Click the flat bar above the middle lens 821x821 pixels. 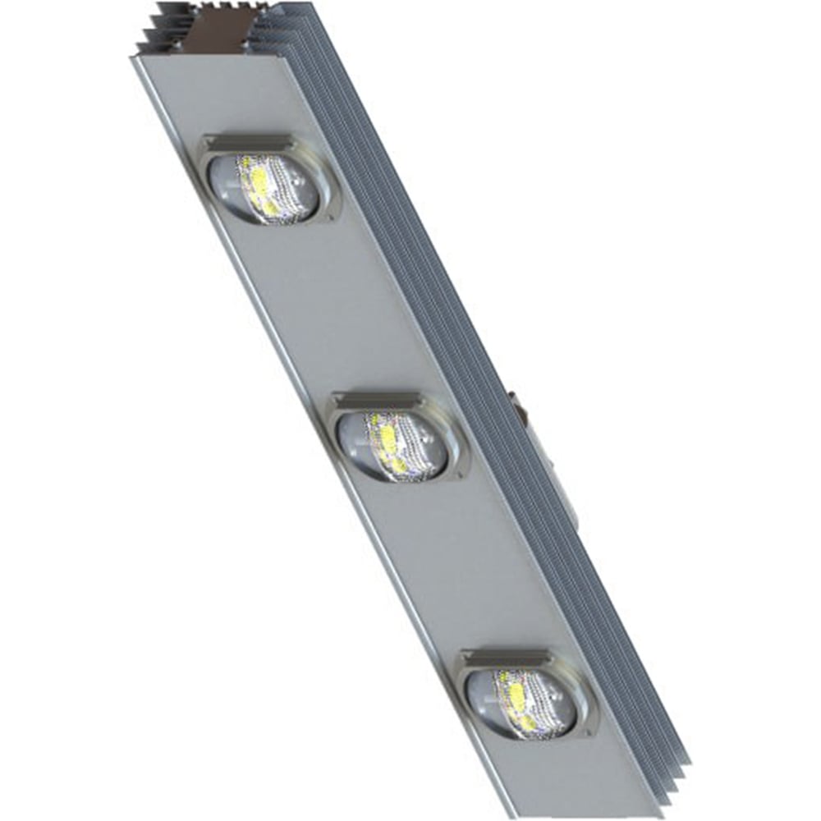pos(376,401)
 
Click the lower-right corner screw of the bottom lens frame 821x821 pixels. pos(590,731)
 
